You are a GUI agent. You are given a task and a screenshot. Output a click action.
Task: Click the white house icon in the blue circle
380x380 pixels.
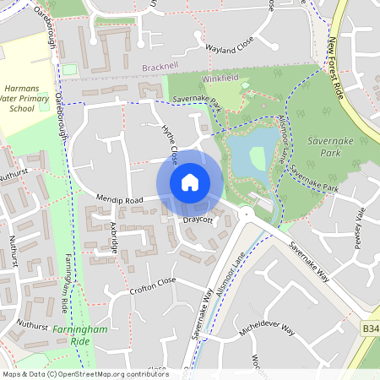pyautogui.click(x=190, y=182)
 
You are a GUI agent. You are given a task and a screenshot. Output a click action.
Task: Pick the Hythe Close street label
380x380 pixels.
pyautogui.click(x=169, y=144)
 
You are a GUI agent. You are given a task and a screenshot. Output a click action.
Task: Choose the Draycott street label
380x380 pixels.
pyautogui.click(x=198, y=220)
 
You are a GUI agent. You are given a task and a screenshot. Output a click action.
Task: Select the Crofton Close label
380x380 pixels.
pyautogui.click(x=154, y=280)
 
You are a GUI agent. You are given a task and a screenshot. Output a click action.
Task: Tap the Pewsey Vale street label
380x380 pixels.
pyautogui.click(x=360, y=229)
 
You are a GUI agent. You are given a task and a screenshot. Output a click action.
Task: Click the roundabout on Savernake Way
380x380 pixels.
pyautogui.click(x=247, y=216)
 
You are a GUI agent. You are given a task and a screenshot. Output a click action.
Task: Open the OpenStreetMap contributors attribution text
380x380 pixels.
pyautogui.click(x=85, y=374)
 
